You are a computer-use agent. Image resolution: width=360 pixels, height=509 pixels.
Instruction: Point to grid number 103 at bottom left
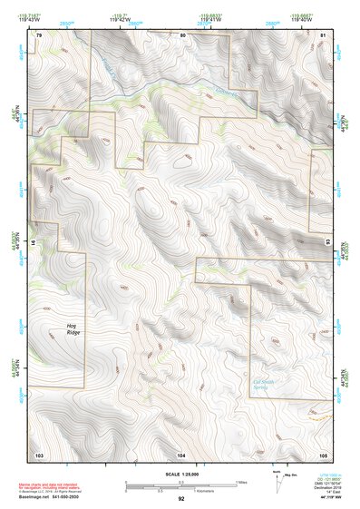tap(39, 453)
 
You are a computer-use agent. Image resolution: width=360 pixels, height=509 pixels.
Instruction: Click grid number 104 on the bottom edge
tap(181, 453)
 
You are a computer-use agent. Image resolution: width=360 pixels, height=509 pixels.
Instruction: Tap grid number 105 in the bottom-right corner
tap(323, 453)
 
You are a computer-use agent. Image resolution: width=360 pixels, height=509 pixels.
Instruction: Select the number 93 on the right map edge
tap(328, 243)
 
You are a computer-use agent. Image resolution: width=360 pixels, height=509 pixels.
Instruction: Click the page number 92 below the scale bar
tap(181, 499)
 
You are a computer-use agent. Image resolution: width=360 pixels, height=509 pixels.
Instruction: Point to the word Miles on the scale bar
tap(240, 482)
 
